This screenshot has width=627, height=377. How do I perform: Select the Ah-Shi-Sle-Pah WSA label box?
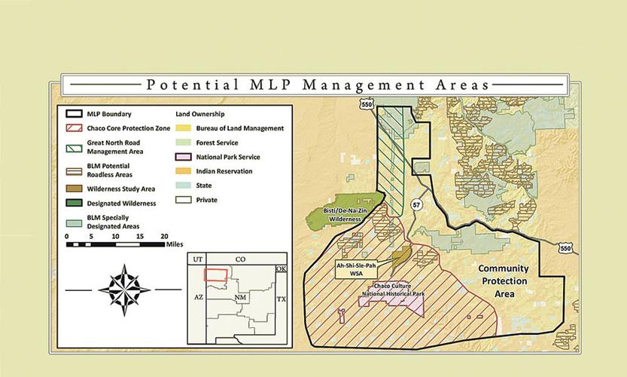[357, 269]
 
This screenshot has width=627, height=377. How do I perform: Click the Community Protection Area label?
[504, 280]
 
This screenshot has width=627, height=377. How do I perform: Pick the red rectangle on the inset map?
[218, 277]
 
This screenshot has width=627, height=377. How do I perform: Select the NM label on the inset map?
[240, 299]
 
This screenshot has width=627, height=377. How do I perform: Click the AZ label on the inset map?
[199, 297]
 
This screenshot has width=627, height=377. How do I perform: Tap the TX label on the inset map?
[282, 299]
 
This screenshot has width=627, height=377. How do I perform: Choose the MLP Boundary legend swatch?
[74, 114]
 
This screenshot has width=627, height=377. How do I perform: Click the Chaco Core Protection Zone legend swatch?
[74, 128]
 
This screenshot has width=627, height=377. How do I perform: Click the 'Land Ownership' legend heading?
[202, 114]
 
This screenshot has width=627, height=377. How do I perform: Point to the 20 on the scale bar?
[165, 235]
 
